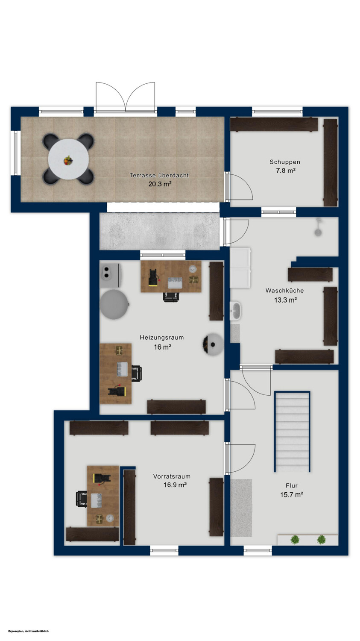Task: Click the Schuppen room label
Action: click(x=285, y=162)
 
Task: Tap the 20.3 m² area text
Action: click(x=160, y=184)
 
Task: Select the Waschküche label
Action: click(x=284, y=291)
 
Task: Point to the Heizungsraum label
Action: click(x=161, y=338)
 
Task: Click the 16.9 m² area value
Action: click(x=175, y=485)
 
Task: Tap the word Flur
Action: click(x=292, y=485)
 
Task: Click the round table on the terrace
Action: click(x=69, y=159)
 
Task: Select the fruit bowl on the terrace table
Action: click(x=68, y=161)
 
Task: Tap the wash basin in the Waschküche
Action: click(x=236, y=311)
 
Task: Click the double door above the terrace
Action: click(x=126, y=97)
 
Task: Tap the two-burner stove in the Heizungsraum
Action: click(x=110, y=275)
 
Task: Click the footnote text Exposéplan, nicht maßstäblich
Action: click(x=28, y=631)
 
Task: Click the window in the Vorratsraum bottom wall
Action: click(x=164, y=550)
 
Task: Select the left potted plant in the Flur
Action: click(x=295, y=540)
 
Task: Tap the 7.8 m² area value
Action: click(x=285, y=171)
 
